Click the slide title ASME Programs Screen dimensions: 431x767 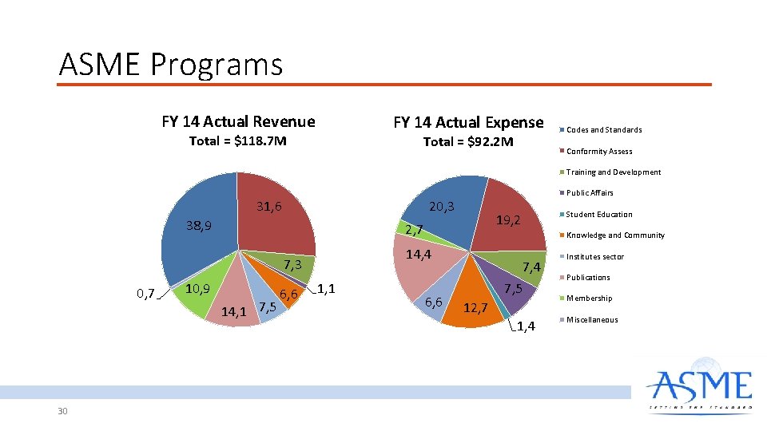[171, 64]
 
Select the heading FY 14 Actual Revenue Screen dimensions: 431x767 [238, 121]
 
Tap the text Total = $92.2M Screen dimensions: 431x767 [468, 142]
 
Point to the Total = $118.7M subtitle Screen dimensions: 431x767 [237, 141]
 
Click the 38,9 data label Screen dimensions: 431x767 [198, 226]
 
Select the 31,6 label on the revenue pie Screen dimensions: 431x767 [268, 207]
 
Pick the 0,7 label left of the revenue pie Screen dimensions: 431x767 [145, 294]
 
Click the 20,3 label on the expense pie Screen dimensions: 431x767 [442, 207]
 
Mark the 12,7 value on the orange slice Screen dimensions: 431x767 [475, 307]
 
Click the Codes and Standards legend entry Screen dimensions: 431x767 [603, 129]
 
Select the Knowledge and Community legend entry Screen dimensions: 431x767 [614, 235]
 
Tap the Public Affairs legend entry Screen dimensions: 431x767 [590, 193]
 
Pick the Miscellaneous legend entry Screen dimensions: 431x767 [591, 320]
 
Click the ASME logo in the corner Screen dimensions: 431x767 [700, 389]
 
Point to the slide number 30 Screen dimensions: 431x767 [63, 411]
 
